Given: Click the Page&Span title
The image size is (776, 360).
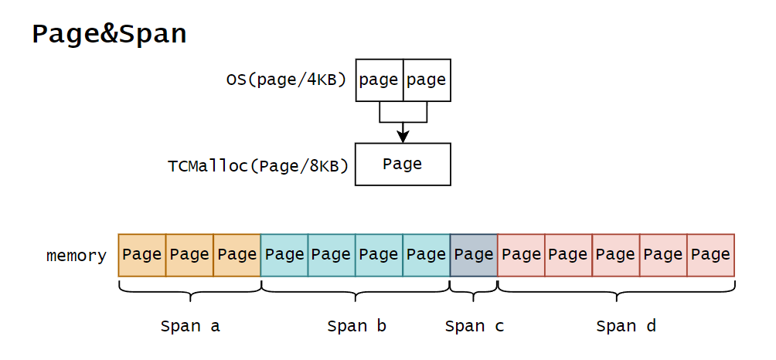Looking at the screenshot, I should coord(109,35).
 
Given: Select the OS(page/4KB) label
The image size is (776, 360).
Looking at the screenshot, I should coord(286,80).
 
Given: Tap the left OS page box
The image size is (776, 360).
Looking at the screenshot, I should coord(379,80).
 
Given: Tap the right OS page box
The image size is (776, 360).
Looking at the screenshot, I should coord(427,80).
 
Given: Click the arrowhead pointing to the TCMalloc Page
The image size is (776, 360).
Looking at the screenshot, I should coord(403,136).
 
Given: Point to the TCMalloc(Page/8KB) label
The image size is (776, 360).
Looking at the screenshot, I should coord(258,165).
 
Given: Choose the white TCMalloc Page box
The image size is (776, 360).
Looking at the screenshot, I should coord(403,164).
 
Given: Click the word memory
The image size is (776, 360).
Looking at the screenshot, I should coord(76,256).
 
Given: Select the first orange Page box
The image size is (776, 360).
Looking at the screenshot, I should coord(142,255).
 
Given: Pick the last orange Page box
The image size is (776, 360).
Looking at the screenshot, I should coord(237,255).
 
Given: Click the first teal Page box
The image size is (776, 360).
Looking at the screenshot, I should coord(284,255).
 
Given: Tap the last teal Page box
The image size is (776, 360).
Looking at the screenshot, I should coord(427,255).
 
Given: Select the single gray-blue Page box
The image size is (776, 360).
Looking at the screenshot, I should coord(474,255).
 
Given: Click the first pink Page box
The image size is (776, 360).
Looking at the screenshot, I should coord(522,255).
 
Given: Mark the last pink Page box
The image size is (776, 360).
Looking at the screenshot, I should coord(711,255).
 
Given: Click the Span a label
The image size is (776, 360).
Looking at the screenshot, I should coord(190,326).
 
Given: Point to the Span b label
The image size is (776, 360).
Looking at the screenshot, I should coord(356,326).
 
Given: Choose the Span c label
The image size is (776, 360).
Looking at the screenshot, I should coord(474,326).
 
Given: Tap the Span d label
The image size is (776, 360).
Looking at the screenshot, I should coord(626,326).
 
